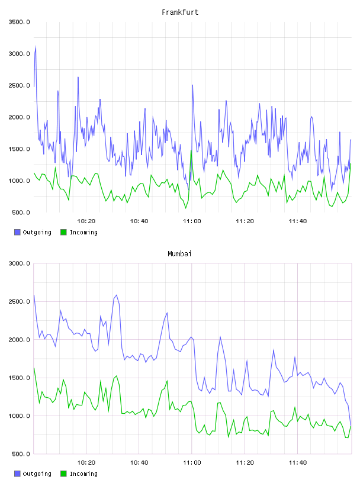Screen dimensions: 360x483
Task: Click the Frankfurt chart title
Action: click(x=180, y=12)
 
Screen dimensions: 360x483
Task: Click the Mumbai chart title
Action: click(x=179, y=254)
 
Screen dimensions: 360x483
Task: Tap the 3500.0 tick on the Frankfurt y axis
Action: click(x=19, y=22)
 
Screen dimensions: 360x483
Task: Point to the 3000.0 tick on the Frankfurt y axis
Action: click(x=19, y=54)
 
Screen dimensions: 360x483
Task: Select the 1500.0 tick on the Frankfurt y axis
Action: click(x=19, y=149)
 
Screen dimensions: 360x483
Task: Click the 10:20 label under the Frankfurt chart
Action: click(x=86, y=221)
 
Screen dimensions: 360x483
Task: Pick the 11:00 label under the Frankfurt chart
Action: click(x=192, y=221)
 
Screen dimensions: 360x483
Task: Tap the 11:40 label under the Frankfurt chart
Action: click(x=298, y=221)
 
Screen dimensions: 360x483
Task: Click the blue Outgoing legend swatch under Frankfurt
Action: click(x=17, y=232)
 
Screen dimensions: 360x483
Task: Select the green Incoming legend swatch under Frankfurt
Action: click(x=63, y=232)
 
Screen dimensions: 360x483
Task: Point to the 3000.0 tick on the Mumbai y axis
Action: click(x=19, y=263)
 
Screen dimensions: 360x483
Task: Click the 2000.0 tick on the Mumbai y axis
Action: click(x=19, y=340)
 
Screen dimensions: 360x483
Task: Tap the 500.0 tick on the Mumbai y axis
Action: click(x=21, y=454)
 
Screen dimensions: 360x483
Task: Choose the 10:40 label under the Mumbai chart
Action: click(x=139, y=463)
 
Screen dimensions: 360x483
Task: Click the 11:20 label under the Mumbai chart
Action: click(x=245, y=463)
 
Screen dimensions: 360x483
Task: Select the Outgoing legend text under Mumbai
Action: click(x=37, y=474)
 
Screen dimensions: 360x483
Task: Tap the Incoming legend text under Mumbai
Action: click(x=83, y=474)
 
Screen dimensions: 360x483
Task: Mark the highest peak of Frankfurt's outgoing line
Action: click(x=36, y=47)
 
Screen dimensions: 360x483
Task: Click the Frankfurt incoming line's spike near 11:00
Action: click(x=191, y=150)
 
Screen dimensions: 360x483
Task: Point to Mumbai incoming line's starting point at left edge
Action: click(x=34, y=368)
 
